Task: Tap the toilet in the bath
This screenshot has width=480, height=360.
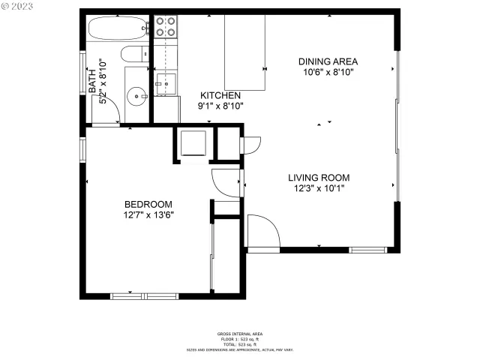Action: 133,54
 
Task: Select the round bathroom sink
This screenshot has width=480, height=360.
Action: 136,95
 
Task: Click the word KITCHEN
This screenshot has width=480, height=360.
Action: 220,95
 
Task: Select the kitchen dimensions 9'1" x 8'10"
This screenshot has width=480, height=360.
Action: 220,106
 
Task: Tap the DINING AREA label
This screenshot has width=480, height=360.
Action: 328,61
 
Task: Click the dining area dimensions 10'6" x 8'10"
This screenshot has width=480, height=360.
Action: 328,73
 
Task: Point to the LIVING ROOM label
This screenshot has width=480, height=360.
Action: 319,178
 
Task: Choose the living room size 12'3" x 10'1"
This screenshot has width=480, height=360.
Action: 319,189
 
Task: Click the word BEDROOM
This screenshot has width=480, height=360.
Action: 148,204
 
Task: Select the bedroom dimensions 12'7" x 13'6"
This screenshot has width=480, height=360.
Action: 148,215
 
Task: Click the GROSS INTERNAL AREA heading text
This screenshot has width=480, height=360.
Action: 239,334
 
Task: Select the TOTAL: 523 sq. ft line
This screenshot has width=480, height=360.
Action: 239,343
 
